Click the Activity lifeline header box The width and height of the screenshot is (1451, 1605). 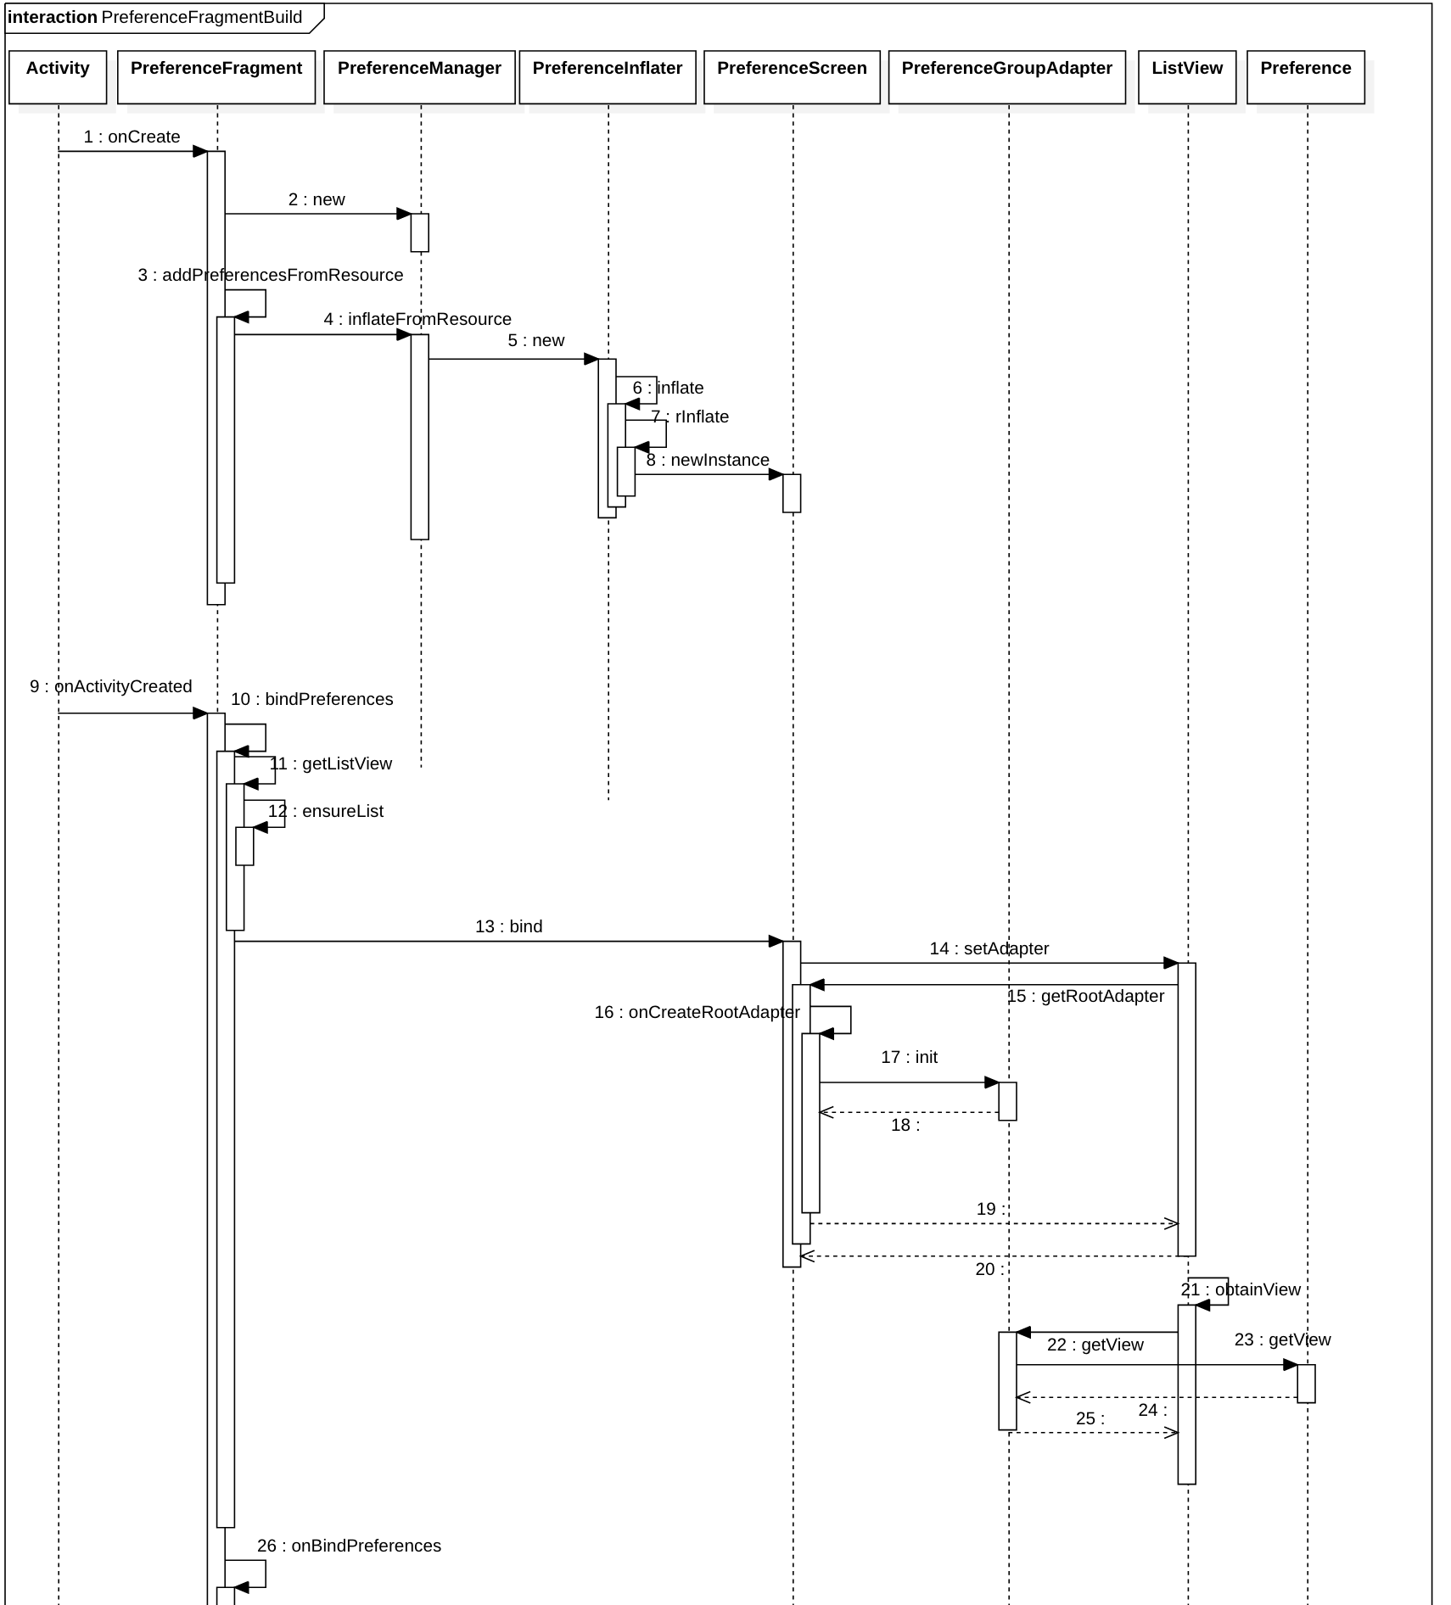(x=58, y=76)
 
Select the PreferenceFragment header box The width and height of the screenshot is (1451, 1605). (x=216, y=76)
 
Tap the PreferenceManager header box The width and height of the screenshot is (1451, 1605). (x=419, y=76)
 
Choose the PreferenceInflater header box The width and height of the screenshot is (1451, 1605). (x=608, y=76)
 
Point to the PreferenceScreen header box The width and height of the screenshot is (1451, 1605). (x=792, y=76)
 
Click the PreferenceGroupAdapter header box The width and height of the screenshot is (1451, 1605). (x=1006, y=76)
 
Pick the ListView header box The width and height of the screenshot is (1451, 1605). (x=1187, y=76)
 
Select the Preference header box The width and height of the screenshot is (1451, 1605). (x=1305, y=76)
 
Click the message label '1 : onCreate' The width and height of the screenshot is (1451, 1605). (x=132, y=137)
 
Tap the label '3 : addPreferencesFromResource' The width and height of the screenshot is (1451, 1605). (x=271, y=276)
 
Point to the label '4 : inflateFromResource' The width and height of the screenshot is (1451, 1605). (x=417, y=320)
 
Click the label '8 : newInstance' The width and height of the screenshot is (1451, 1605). (x=708, y=461)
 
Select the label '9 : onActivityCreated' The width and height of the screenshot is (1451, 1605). (x=111, y=687)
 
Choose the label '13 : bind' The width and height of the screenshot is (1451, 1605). (x=509, y=927)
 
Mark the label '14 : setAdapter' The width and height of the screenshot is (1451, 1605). (x=989, y=949)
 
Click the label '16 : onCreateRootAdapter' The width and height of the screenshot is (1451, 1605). (x=697, y=1013)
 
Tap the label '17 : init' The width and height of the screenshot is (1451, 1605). (x=910, y=1058)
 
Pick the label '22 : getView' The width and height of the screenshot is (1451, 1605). (x=1095, y=1345)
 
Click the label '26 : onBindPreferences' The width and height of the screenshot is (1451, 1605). (x=349, y=1546)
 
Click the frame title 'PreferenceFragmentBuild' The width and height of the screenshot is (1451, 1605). (x=202, y=18)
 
